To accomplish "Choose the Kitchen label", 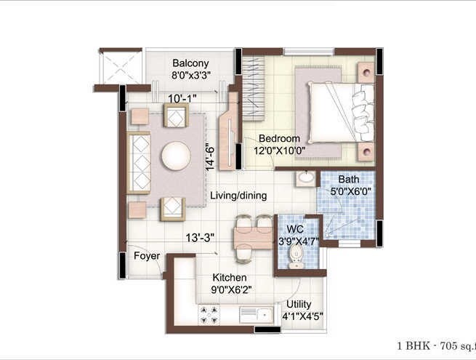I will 229,278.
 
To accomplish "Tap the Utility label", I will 299,304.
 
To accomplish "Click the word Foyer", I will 146,256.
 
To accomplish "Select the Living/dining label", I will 238,196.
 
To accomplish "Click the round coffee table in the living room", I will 175,155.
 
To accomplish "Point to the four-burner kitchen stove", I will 210,314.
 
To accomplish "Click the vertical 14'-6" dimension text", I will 209,156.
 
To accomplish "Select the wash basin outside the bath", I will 306,177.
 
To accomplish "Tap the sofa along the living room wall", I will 139,162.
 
